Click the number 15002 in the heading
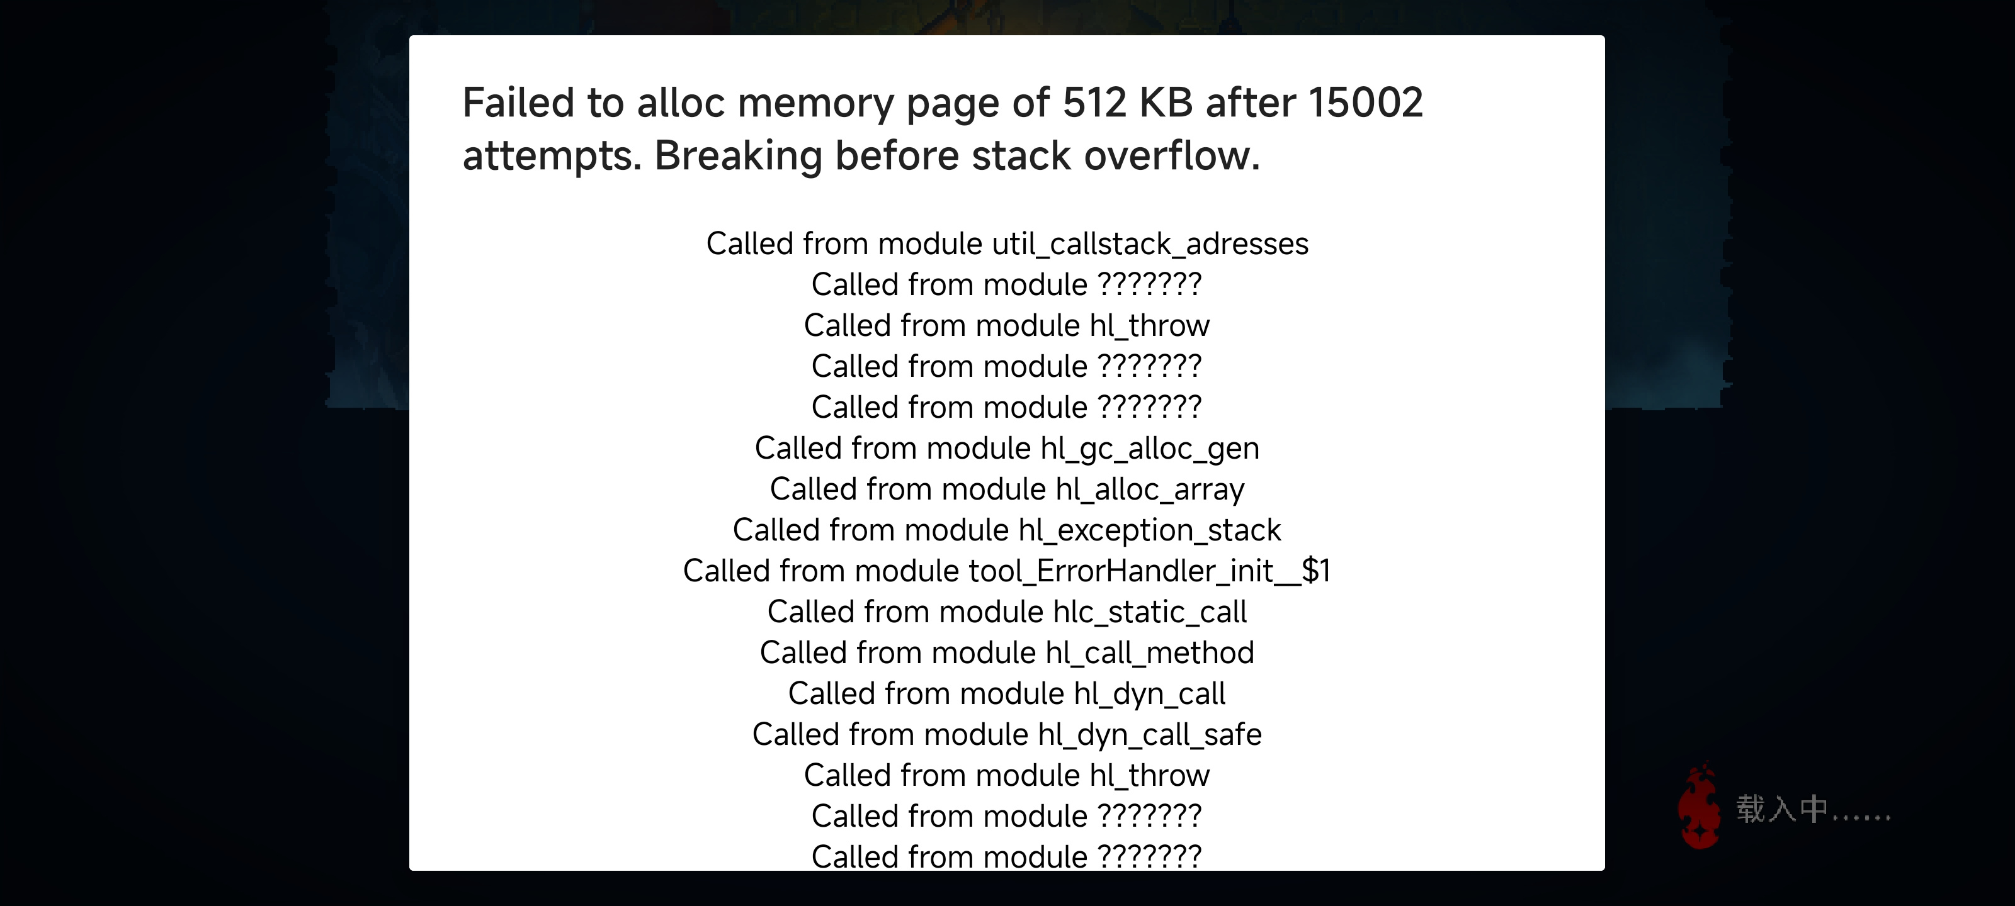click(1366, 103)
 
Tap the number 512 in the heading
click(1095, 103)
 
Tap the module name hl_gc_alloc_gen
click(1150, 449)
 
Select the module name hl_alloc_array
click(1150, 490)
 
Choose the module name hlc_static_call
click(1150, 612)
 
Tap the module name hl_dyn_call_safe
click(1150, 735)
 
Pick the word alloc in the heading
click(681, 103)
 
